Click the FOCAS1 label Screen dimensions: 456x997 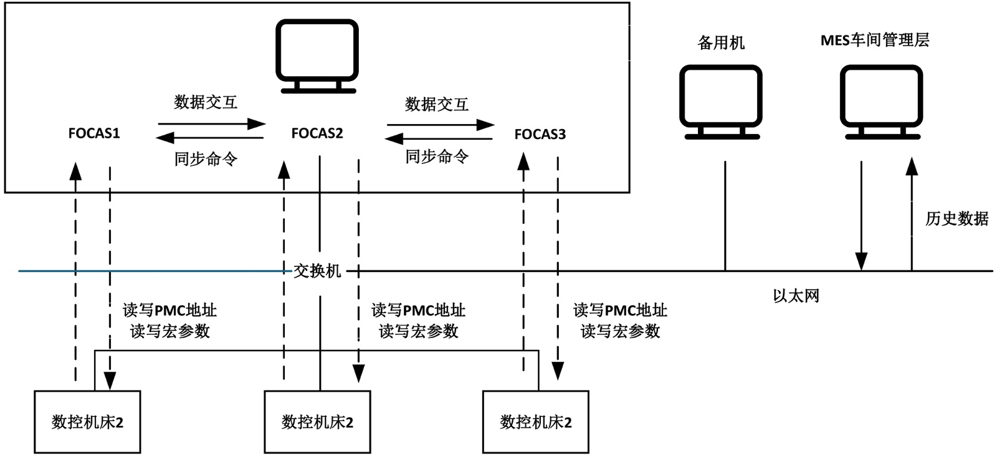pyautogui.click(x=93, y=133)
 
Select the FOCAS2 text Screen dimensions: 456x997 pyautogui.click(x=317, y=133)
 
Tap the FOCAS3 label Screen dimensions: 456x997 pyautogui.click(x=540, y=134)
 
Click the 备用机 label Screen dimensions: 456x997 pyautogui.click(x=721, y=43)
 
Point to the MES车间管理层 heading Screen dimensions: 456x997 pyautogui.click(x=874, y=41)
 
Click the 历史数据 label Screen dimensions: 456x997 pyautogui.click(x=956, y=218)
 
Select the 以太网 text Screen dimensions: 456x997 pyautogui.click(x=796, y=296)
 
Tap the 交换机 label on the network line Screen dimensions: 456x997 pyautogui.click(x=317, y=271)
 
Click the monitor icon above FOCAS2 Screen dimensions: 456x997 pyautogui.click(x=317, y=56)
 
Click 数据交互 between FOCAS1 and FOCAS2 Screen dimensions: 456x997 pyautogui.click(x=206, y=102)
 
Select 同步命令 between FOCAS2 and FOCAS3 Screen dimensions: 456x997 pyautogui.click(x=437, y=157)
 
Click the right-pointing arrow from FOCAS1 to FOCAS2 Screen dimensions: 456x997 pyautogui.click(x=212, y=124)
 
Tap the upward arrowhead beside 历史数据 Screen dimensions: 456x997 pyautogui.click(x=912, y=165)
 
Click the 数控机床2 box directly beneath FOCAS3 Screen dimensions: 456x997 pyautogui.click(x=535, y=422)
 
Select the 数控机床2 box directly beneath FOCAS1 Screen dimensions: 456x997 pyautogui.click(x=87, y=422)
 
